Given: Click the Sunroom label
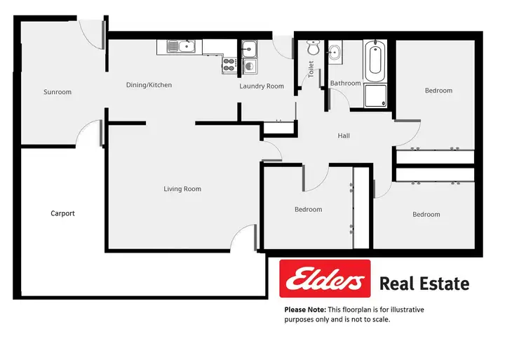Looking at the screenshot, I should click(x=58, y=92).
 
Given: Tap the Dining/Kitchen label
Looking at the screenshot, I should click(x=149, y=85).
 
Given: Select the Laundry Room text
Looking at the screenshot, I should click(x=262, y=86).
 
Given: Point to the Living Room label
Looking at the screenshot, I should click(x=182, y=189).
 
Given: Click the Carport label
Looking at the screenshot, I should click(x=62, y=213).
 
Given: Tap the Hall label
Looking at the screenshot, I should click(x=344, y=136).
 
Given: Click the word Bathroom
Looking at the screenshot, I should click(x=345, y=84).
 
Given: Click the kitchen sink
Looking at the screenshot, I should click(x=181, y=48).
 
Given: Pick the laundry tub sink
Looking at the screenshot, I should click(x=250, y=48).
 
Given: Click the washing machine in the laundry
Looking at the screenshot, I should click(x=250, y=66).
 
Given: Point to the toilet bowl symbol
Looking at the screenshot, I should click(x=313, y=49).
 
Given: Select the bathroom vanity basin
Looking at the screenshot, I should click(x=334, y=51).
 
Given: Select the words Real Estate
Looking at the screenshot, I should click(x=424, y=284).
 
